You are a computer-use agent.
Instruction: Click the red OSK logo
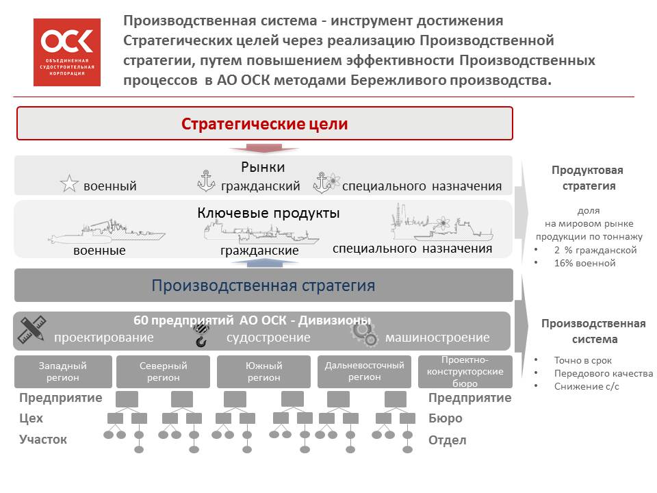[x=67, y=53]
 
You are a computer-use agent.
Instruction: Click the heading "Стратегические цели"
[x=264, y=124]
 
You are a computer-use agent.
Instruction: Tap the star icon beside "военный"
[x=69, y=184]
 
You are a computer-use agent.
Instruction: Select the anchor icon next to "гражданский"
[x=206, y=181]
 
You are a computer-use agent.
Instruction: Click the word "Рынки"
[x=263, y=167]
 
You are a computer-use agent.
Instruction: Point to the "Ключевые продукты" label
[x=268, y=213]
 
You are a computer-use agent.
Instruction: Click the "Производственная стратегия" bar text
[x=263, y=286]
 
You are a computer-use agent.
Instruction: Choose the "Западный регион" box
[x=63, y=371]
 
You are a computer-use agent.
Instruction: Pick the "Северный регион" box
[x=163, y=371]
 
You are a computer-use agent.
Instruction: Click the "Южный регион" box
[x=263, y=371]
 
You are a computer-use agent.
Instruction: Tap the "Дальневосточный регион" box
[x=364, y=371]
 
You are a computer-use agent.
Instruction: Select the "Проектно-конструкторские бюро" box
[x=465, y=371]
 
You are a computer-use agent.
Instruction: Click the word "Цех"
[x=31, y=418]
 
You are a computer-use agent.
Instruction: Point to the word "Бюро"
[x=445, y=418]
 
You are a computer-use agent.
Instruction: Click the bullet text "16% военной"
[x=584, y=263]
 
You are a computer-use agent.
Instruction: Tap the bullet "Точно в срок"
[x=583, y=361]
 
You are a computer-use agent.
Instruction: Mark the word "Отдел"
[x=447, y=440]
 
